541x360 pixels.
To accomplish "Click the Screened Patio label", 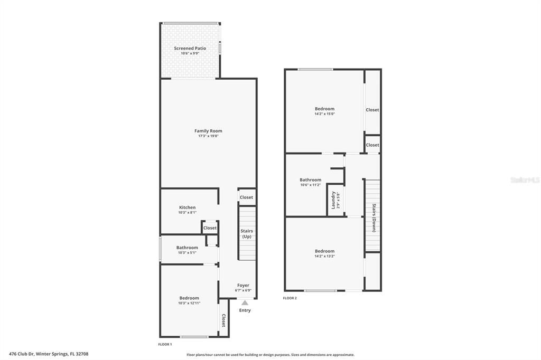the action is (x=190, y=48).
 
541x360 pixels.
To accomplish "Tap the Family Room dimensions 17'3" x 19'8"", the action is (x=208, y=136).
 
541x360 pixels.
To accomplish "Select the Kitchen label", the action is (x=188, y=207).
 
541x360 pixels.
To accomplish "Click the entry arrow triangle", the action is (x=245, y=303).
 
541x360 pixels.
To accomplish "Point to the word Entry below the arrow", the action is (x=245, y=310).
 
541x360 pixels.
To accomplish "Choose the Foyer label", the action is (x=243, y=285).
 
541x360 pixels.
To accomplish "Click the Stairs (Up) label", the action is (x=247, y=233).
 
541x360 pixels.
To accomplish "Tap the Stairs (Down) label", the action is (x=374, y=217).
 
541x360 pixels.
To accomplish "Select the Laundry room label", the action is (x=333, y=200).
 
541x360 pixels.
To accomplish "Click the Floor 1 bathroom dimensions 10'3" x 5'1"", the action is (x=187, y=252).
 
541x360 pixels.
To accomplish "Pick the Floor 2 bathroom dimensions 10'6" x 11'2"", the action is (x=310, y=185).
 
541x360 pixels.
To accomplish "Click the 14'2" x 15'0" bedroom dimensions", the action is (x=324, y=114).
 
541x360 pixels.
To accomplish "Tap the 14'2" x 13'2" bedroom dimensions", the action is (x=324, y=256).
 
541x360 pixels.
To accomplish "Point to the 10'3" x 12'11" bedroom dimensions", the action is (x=189, y=303).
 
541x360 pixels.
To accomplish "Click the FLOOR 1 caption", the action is (x=165, y=344).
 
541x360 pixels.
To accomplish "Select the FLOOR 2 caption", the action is (x=290, y=298).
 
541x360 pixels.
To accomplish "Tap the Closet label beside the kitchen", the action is (x=210, y=228).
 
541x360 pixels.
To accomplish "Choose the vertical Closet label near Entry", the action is (x=223, y=320).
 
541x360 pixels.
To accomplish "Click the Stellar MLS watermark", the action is (x=525, y=180).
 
